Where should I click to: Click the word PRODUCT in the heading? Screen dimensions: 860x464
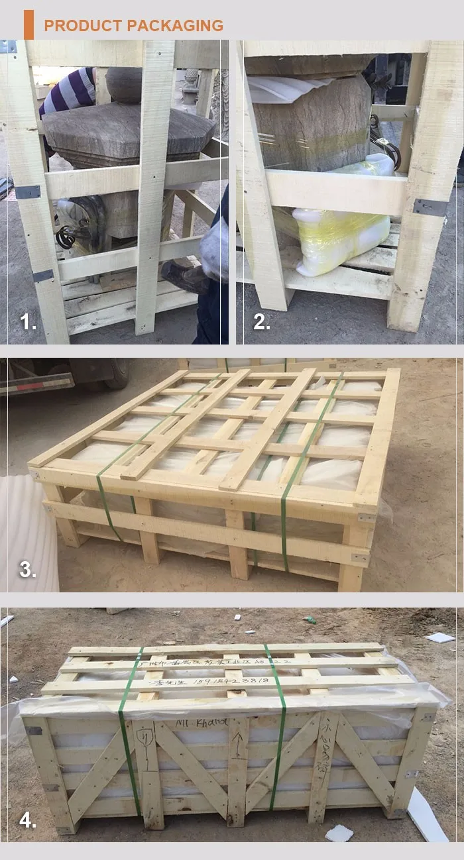[83, 26]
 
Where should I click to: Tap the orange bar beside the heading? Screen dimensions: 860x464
[29, 25]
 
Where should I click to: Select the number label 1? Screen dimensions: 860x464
[29, 323]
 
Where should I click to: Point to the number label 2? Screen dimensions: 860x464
[262, 323]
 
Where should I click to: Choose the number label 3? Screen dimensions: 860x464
[28, 569]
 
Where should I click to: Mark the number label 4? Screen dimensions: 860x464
[28, 820]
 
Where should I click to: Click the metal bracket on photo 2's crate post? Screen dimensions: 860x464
[430, 207]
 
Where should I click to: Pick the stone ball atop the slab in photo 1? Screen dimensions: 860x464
[124, 84]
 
